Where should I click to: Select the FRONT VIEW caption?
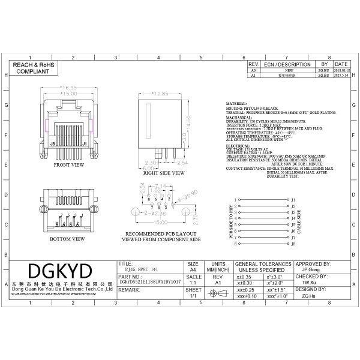click(x=68, y=164)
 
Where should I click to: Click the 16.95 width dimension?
click(x=67, y=88)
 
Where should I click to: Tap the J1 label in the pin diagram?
click(x=293, y=199)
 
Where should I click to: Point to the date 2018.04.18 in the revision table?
click(x=341, y=70)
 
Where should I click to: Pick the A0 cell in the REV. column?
click(x=253, y=70)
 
